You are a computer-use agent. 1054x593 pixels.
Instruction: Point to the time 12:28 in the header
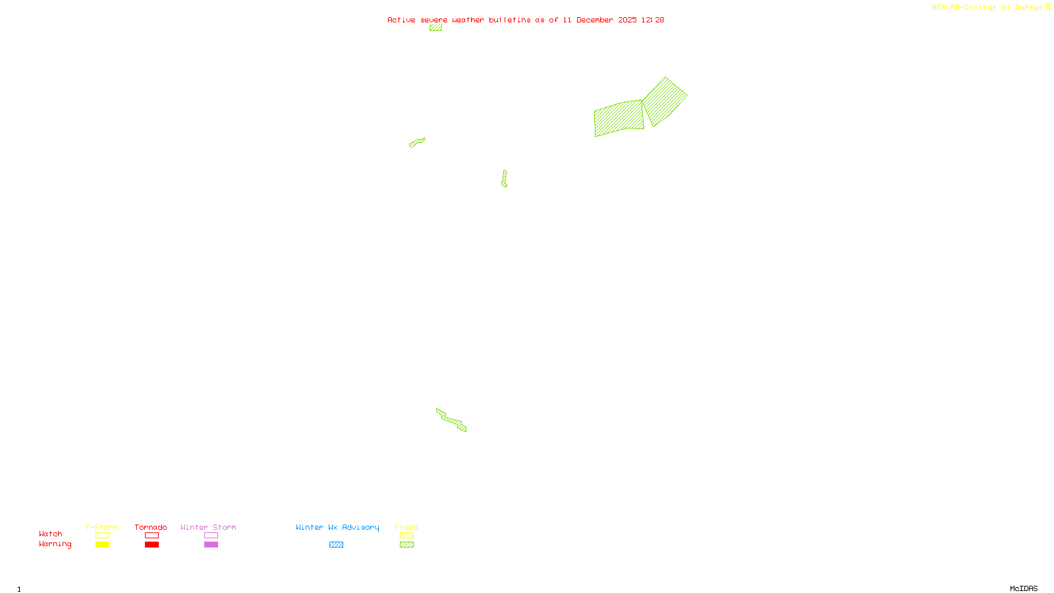653,20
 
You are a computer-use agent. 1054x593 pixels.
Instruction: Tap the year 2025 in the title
627,20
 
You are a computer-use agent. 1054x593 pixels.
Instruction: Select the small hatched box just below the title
435,28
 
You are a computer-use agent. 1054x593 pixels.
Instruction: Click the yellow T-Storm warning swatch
102,545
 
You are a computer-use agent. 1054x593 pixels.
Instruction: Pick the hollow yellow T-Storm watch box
102,536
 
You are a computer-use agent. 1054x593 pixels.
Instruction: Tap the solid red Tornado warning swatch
152,545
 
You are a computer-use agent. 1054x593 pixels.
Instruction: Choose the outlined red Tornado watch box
152,536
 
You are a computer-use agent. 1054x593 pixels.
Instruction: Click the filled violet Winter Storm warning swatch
211,545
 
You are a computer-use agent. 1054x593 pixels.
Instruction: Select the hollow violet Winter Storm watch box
211,536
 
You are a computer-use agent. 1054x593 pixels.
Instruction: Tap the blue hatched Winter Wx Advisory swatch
336,545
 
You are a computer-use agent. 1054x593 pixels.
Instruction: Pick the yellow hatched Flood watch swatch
406,536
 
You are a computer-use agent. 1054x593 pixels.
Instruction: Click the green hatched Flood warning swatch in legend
406,545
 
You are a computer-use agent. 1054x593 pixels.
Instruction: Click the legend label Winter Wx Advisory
337,527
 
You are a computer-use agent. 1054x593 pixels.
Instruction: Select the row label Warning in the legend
55,544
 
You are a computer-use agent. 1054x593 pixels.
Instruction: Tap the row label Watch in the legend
50,534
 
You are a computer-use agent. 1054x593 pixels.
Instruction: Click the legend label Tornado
151,527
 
